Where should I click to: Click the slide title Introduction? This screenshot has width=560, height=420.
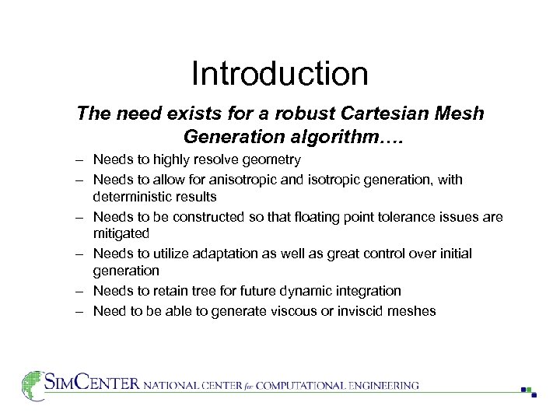click(x=279, y=74)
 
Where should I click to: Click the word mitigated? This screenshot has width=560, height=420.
click(x=121, y=233)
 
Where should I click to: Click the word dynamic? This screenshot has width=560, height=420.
click(x=300, y=291)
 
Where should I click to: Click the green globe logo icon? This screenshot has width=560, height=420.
click(x=32, y=384)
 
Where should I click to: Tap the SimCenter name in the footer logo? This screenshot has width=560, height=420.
click(x=93, y=383)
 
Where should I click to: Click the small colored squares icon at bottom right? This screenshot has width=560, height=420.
click(x=529, y=391)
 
